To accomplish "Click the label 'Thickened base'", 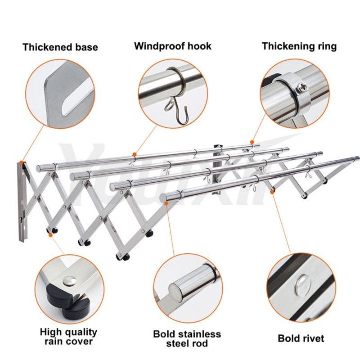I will (60, 47).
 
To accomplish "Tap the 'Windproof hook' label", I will (172, 46).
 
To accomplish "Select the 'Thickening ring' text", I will (299, 46).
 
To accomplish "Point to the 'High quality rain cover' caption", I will (68, 336).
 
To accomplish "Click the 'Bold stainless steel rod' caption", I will (187, 338).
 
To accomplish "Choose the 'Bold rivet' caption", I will (301, 338).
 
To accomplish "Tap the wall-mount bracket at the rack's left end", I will (21, 202).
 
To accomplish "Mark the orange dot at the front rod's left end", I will (167, 203).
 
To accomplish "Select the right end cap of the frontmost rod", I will (356, 158).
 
